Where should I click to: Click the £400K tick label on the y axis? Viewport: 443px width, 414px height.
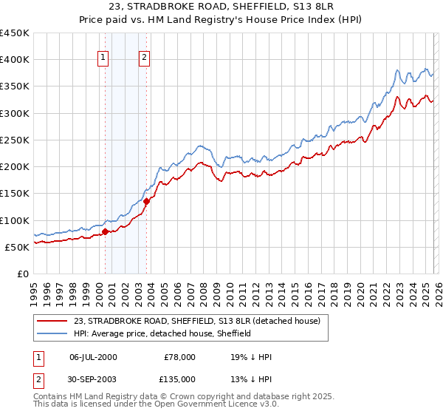[x=15, y=60]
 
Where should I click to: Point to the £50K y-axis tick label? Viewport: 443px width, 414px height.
[x=18, y=247]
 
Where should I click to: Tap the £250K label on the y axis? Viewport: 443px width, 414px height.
[x=15, y=140]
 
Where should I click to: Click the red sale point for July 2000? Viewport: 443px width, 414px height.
[x=105, y=231]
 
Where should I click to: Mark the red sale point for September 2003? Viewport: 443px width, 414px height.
[x=147, y=201]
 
